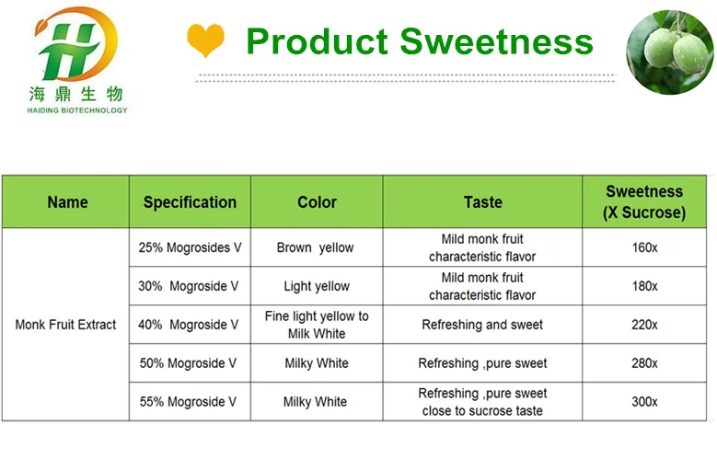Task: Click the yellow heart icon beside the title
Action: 205,40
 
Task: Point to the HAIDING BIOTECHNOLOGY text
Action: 77,110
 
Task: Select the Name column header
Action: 67,202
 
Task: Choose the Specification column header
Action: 190,202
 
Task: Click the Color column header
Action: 317,202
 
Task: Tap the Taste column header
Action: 482,202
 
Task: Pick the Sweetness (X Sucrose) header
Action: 644,202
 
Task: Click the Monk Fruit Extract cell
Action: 66,325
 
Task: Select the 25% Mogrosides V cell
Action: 189,247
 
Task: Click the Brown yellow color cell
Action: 316,247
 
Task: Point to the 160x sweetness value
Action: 644,247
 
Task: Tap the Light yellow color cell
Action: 316,286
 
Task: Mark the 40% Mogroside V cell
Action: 189,325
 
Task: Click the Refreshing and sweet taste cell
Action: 482,325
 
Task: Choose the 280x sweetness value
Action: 644,363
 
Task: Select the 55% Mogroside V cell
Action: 189,402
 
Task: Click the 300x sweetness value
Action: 644,402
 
